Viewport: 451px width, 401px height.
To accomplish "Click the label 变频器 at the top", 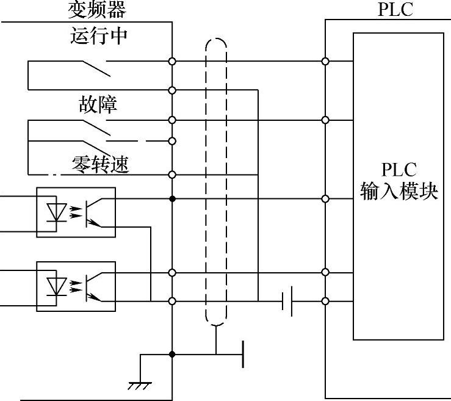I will [x=99, y=10].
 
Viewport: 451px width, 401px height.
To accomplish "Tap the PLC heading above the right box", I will [x=395, y=10].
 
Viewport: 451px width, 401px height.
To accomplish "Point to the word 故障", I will [x=98, y=104].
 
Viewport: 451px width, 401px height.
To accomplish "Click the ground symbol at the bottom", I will [x=140, y=385].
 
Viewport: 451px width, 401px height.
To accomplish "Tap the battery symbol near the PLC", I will [x=287, y=301].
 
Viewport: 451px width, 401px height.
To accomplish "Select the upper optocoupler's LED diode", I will [x=56, y=212].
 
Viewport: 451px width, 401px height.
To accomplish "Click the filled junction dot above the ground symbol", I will [x=173, y=354].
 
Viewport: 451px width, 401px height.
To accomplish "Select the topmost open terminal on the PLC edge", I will [x=325, y=61].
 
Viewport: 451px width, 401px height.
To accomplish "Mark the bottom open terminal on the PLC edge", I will [x=325, y=301].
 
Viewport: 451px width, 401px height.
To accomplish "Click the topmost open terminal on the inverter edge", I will [x=173, y=61].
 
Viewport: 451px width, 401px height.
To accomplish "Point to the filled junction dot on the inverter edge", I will [x=173, y=199].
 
